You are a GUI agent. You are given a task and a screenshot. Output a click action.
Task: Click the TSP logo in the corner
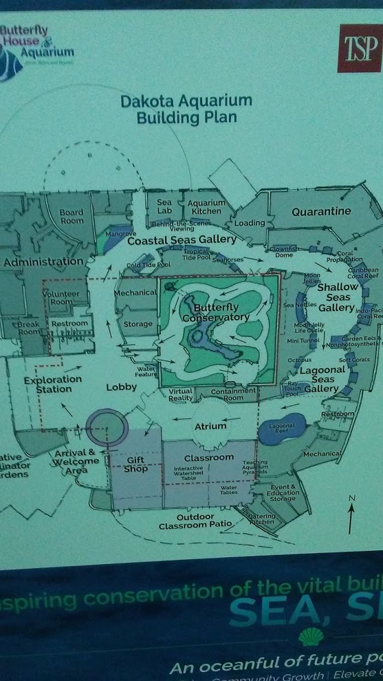pos(359,48)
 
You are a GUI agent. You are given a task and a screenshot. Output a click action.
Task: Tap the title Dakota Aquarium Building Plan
pos(186,109)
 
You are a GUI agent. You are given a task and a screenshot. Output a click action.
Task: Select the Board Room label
pos(72,217)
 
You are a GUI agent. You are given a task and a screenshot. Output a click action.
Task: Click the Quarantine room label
pos(321,212)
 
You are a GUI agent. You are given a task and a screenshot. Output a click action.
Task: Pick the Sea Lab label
pos(164,206)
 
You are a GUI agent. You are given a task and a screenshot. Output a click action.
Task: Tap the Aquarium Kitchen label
pos(206,207)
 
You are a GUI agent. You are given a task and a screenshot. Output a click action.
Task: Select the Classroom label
pos(210,457)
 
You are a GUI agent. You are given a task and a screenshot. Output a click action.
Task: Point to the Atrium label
pos(210,426)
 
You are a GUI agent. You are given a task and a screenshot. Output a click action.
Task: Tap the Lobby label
pos(121,387)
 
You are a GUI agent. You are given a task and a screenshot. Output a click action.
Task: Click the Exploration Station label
pos(47,384)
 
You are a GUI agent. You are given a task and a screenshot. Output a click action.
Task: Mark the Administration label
pos(43,262)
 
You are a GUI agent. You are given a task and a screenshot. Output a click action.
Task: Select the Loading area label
pos(250,223)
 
